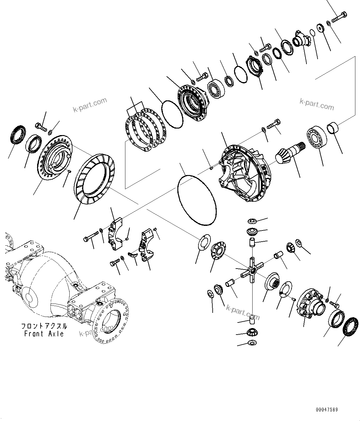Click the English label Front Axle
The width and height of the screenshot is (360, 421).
pos(44,334)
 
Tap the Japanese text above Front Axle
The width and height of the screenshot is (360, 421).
pos(44,326)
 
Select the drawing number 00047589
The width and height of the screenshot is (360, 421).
pos(327,410)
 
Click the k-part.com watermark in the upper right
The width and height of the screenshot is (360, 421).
pos(317,104)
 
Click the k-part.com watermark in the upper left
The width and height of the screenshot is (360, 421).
pos(90,104)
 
